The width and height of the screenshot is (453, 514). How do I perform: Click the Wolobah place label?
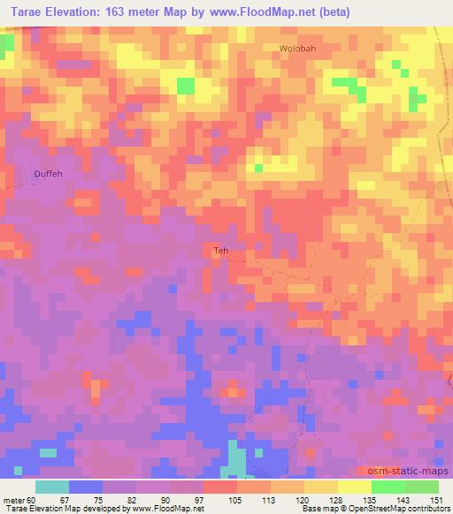tap(297, 49)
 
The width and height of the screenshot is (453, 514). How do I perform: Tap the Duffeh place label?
tap(50, 174)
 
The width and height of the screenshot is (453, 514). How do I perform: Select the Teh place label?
tap(221, 251)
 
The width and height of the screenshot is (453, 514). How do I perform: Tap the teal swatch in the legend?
tap(52, 487)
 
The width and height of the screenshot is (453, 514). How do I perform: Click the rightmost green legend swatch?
tap(422, 487)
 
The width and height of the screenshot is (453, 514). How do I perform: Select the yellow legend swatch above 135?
tap(354, 487)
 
